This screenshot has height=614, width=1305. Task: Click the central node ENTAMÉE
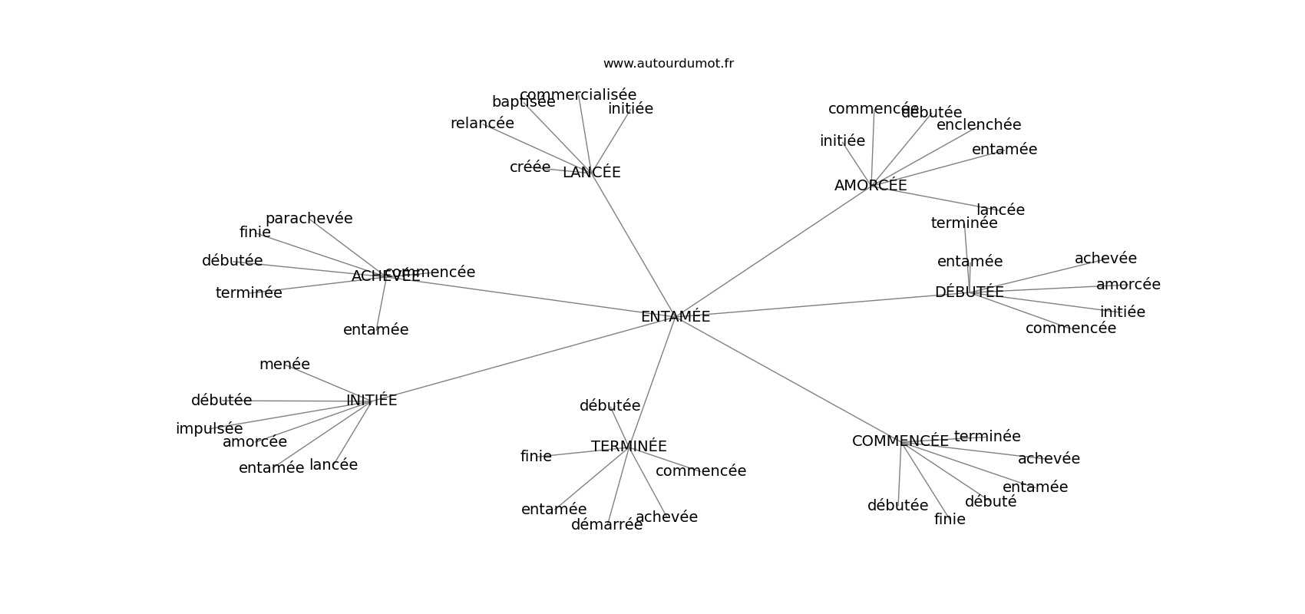click(x=675, y=316)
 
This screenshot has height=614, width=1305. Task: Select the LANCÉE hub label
click(x=591, y=173)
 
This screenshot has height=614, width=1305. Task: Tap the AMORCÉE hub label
click(x=870, y=186)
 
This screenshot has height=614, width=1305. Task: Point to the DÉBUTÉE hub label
click(x=969, y=292)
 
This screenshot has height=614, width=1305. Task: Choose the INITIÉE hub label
click(x=372, y=401)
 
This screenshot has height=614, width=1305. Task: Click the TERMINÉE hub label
click(x=629, y=447)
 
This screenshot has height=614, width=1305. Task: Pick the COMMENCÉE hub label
click(x=900, y=441)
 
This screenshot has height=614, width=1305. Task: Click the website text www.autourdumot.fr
click(x=668, y=64)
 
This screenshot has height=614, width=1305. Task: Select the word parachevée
click(x=309, y=219)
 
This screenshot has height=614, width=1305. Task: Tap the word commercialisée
click(x=577, y=95)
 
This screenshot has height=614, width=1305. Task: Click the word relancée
click(x=482, y=124)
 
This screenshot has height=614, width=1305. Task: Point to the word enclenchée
click(x=979, y=125)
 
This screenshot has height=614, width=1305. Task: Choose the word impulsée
click(x=209, y=429)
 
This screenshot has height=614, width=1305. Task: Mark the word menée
click(x=284, y=365)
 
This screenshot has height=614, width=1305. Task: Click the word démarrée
click(x=606, y=525)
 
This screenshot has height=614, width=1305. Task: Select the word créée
click(x=530, y=167)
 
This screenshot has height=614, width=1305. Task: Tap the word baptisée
click(x=523, y=102)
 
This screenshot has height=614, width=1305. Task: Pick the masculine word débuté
click(x=990, y=502)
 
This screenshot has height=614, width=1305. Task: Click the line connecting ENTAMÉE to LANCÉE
click(x=633, y=245)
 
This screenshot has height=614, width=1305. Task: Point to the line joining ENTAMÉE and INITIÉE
click(x=522, y=358)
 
